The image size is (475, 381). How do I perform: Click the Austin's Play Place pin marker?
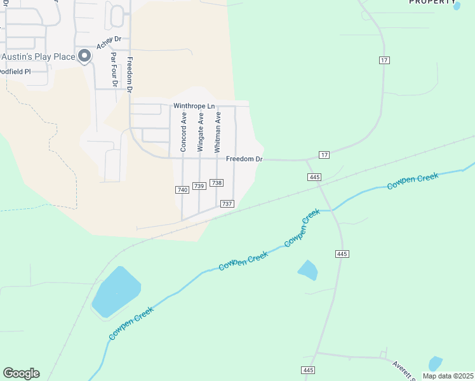point(84,57)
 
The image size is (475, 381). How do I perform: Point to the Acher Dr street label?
point(109,43)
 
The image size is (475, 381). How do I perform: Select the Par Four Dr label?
point(114,69)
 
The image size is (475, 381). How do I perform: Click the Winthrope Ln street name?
point(194,106)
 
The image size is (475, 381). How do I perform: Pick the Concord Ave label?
point(184,131)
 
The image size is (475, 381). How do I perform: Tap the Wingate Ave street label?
point(201,131)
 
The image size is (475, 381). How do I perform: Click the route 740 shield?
point(182,190)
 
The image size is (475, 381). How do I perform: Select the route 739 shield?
point(199,185)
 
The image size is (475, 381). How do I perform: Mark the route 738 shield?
point(217,183)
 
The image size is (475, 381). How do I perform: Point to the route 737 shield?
point(227,204)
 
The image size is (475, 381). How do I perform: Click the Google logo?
point(21,373)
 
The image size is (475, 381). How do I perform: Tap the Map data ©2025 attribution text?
point(447,376)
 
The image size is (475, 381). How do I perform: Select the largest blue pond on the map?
point(116,291)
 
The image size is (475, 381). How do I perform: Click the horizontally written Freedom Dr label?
point(244,159)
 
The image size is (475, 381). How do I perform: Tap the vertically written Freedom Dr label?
point(130,76)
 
